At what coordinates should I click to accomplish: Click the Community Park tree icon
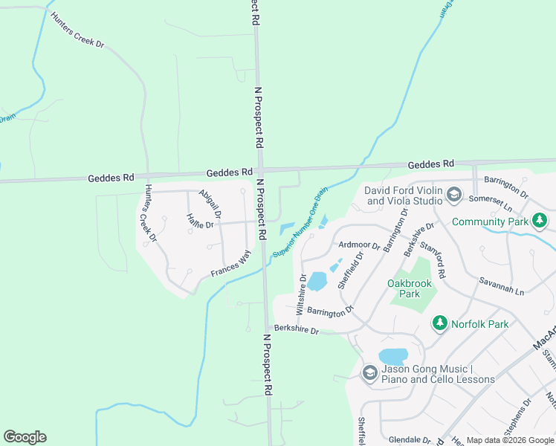tap(540, 221)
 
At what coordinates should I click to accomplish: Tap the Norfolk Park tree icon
tap(440, 323)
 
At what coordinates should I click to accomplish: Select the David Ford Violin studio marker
tap(454, 195)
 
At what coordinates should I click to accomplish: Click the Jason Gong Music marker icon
tap(369, 373)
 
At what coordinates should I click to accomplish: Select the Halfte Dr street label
tap(201, 221)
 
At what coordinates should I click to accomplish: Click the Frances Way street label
tap(230, 264)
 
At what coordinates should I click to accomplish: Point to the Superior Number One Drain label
tap(300, 224)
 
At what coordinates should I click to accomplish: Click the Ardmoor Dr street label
tap(359, 245)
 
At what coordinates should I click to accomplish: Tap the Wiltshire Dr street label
tap(301, 293)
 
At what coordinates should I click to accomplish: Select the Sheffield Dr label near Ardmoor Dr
tap(349, 270)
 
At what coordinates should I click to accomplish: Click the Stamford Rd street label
tap(432, 259)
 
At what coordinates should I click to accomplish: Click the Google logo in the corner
tap(25, 437)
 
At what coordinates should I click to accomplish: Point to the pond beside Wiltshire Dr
tap(317, 281)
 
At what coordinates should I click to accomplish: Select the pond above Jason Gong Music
tap(392, 357)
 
